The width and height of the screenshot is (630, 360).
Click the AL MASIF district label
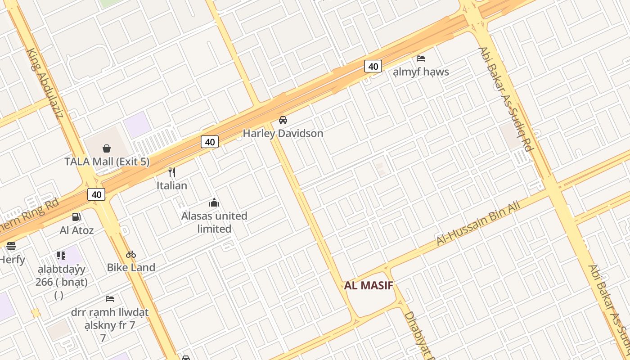(x=369, y=285)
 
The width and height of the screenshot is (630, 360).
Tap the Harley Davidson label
(x=283, y=134)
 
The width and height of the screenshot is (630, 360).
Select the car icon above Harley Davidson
(x=283, y=120)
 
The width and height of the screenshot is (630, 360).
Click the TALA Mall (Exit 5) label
(x=107, y=162)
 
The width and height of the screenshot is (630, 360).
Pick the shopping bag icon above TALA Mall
(x=107, y=148)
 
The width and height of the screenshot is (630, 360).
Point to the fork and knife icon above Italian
(x=171, y=172)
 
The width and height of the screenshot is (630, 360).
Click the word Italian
(x=171, y=185)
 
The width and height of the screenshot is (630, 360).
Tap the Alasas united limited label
(x=214, y=222)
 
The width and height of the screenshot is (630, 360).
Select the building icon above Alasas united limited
(x=214, y=203)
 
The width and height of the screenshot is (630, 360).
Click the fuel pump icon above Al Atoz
(x=76, y=217)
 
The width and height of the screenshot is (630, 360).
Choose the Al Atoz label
(x=76, y=230)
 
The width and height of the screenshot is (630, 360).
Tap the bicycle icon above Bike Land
(x=131, y=254)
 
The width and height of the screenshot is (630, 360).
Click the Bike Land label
(x=131, y=267)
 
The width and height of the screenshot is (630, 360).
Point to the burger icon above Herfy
(x=11, y=246)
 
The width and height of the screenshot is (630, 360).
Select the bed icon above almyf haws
(x=421, y=58)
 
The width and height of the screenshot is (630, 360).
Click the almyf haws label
(x=421, y=72)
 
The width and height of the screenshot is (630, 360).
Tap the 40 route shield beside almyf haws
(x=373, y=67)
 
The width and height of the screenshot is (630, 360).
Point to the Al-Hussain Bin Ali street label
(x=478, y=224)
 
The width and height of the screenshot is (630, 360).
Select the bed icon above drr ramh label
(x=109, y=299)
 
